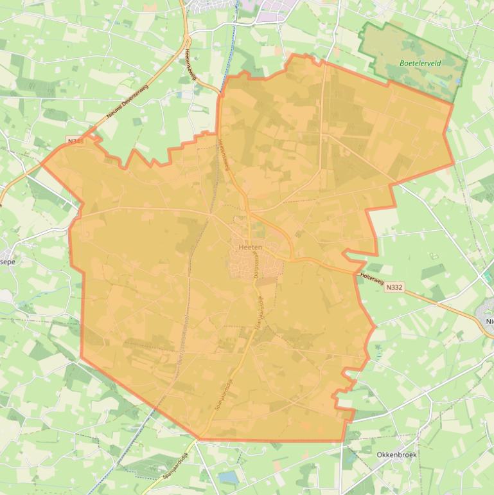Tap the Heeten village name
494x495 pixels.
coord(250,247)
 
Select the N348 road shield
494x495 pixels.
coord(75,140)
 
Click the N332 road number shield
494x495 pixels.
coord(394,287)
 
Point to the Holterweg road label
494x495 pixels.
coord(372,279)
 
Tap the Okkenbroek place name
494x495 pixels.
coord(396,455)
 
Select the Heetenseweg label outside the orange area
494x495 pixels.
coord(190,64)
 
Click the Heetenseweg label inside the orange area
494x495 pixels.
coord(224,155)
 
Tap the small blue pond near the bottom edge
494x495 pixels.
coord(227,477)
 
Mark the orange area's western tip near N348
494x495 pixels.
coord(42,163)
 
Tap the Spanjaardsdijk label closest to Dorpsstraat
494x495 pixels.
coord(260,315)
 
